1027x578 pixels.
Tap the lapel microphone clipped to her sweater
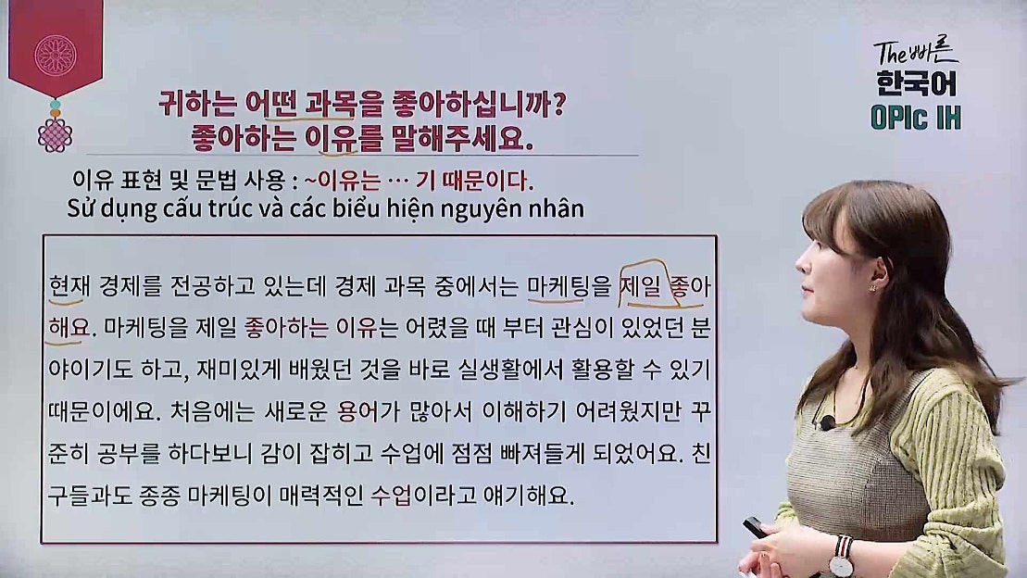[827, 422]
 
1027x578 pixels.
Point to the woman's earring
[871, 288]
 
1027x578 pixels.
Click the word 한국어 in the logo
[917, 84]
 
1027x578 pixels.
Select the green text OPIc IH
[916, 119]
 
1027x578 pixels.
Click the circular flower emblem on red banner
[55, 55]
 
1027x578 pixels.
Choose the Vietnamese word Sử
[81, 208]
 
